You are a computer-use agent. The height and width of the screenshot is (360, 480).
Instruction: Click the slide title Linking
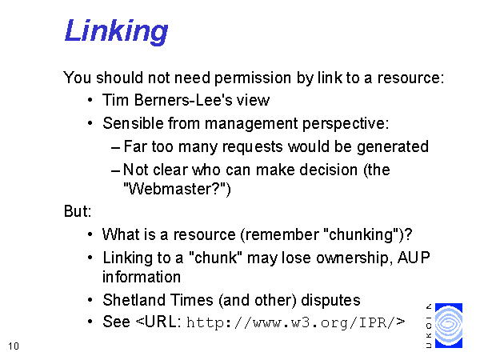(116, 31)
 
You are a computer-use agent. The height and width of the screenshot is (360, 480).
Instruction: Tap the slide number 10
(14, 346)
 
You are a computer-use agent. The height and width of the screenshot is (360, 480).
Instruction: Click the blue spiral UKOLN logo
(449, 326)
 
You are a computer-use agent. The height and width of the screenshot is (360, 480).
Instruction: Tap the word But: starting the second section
(78, 211)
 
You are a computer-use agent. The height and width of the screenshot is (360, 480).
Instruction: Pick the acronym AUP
(414, 258)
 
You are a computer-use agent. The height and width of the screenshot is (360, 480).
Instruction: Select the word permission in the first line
(253, 78)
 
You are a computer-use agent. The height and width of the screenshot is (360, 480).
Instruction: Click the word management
(251, 124)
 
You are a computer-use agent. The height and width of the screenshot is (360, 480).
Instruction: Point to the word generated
(393, 147)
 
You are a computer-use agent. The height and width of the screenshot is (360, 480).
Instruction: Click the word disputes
(330, 300)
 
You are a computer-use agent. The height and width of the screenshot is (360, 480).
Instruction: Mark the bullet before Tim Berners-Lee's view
(90, 100)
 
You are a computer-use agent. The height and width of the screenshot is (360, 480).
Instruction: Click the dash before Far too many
(115, 148)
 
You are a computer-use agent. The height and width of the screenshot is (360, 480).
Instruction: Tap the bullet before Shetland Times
(90, 300)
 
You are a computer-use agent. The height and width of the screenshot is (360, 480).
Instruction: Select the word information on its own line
(142, 277)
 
